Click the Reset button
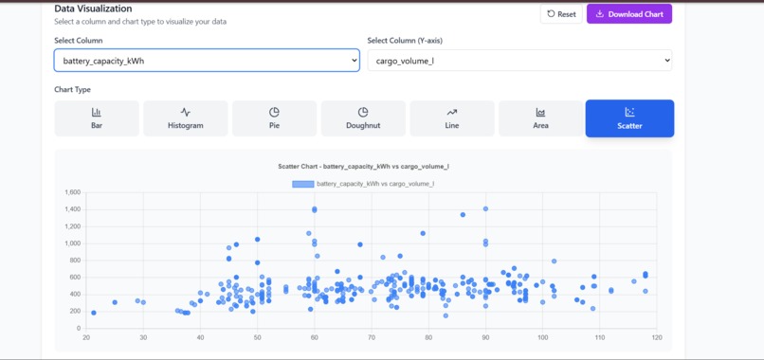561,14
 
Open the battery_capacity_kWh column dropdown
207,61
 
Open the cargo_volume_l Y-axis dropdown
519,61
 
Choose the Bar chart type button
97,118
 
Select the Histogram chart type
185,118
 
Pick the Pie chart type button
274,118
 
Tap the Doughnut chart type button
363,118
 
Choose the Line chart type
451,118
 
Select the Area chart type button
540,118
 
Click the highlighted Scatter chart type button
629,118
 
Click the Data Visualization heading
93,9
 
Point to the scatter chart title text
363,167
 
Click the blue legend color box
302,184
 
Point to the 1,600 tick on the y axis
72,192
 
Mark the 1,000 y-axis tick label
72,243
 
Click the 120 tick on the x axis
656,337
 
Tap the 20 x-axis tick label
86,337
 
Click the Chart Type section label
72,90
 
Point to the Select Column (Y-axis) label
405,41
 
